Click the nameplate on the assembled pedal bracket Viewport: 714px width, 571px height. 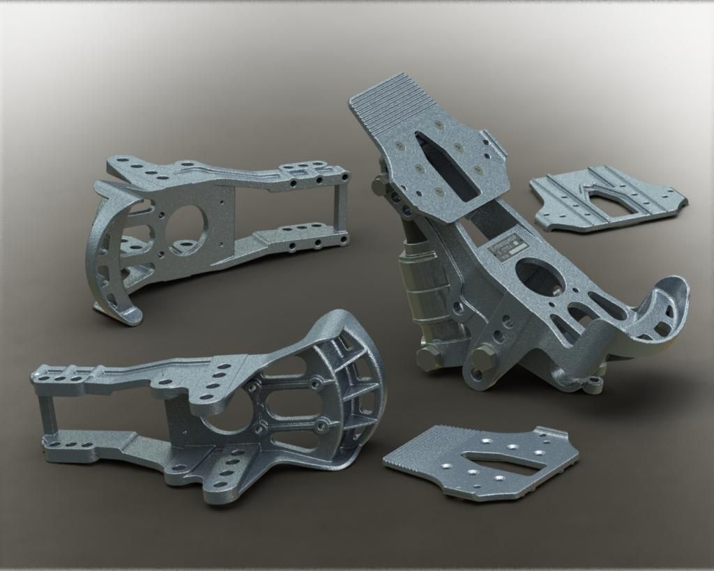pos(507,248)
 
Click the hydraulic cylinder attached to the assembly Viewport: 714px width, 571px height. pos(422,286)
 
